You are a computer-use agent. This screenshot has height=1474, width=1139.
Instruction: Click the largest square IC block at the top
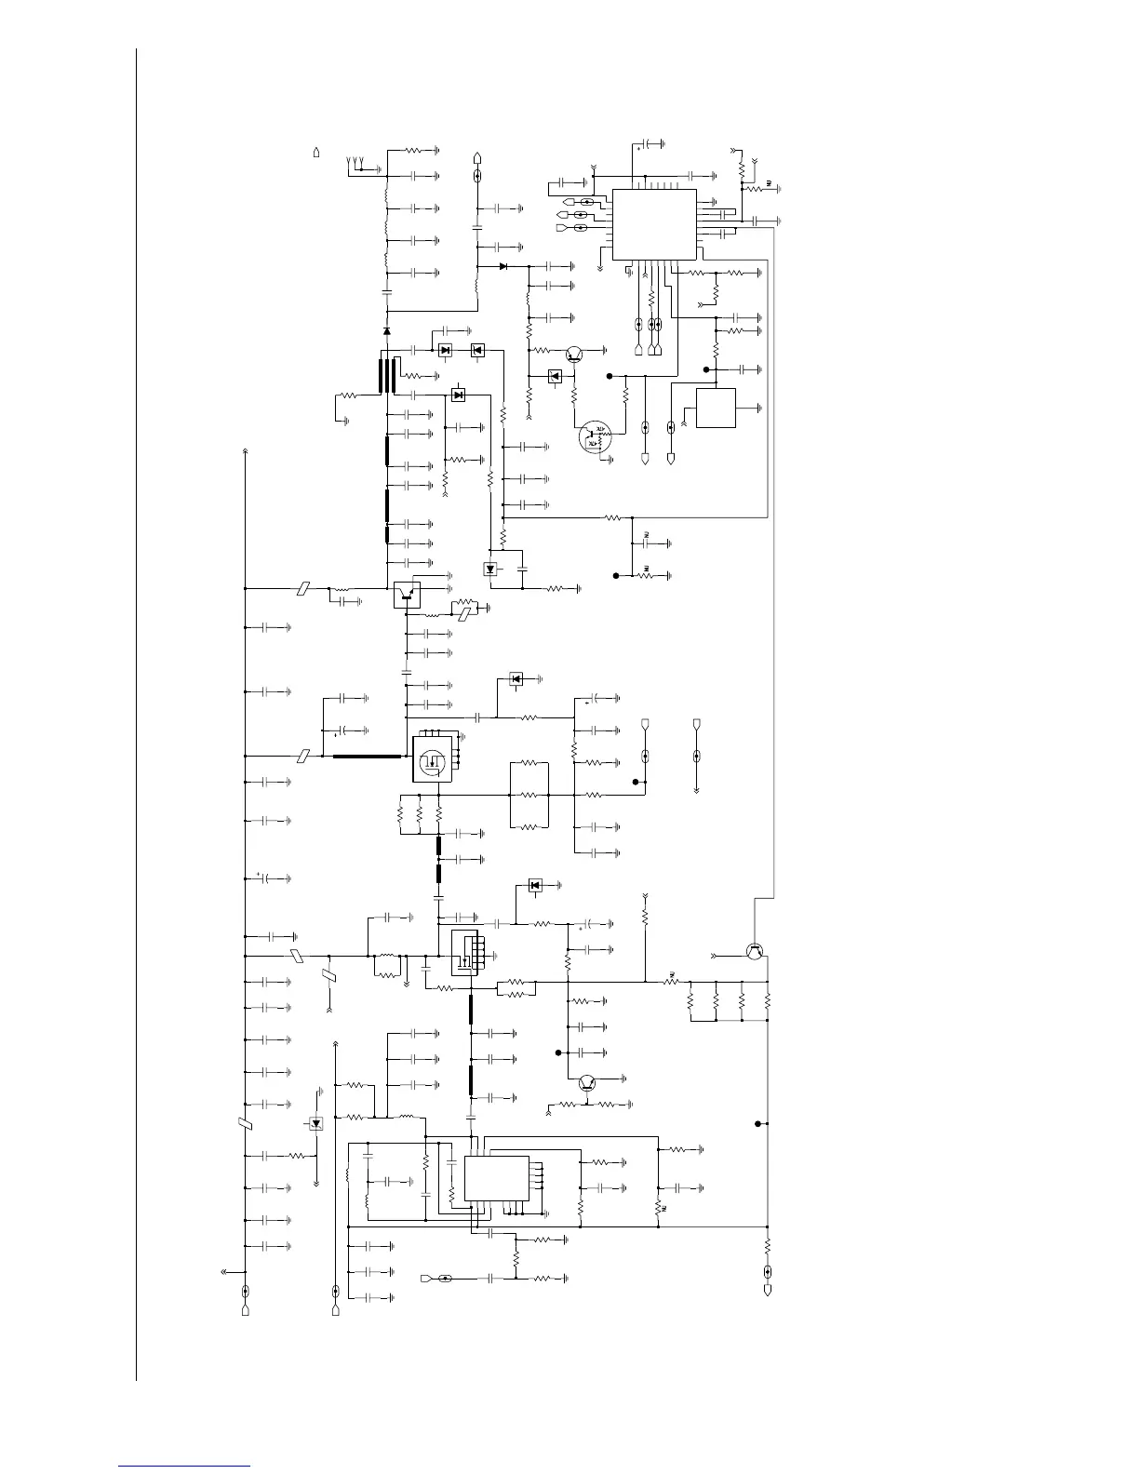tap(654, 224)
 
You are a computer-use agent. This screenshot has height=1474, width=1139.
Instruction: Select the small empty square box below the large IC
tap(716, 408)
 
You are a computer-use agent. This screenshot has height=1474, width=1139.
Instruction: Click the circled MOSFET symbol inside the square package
tap(431, 759)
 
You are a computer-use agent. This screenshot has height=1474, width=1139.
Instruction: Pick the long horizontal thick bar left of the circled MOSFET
tap(368, 757)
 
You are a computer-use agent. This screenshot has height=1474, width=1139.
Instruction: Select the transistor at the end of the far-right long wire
tap(757, 951)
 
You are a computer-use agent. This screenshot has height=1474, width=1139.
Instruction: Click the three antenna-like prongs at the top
tap(355, 165)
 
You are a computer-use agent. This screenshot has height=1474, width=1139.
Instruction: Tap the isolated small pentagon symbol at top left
tap(317, 151)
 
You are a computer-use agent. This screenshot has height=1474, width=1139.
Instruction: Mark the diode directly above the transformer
tap(387, 330)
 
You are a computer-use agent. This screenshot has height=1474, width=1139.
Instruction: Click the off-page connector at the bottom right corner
tap(768, 1291)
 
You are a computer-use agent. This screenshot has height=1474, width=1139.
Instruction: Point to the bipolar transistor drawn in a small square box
tap(407, 592)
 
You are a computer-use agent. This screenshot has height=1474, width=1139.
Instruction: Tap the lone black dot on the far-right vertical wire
tap(757, 1124)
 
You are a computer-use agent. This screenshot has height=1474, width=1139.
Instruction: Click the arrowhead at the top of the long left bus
tap(245, 452)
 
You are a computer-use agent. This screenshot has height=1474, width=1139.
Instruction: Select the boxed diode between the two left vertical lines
tap(316, 1124)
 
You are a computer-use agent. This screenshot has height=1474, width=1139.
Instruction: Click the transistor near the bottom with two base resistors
tap(586, 1082)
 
